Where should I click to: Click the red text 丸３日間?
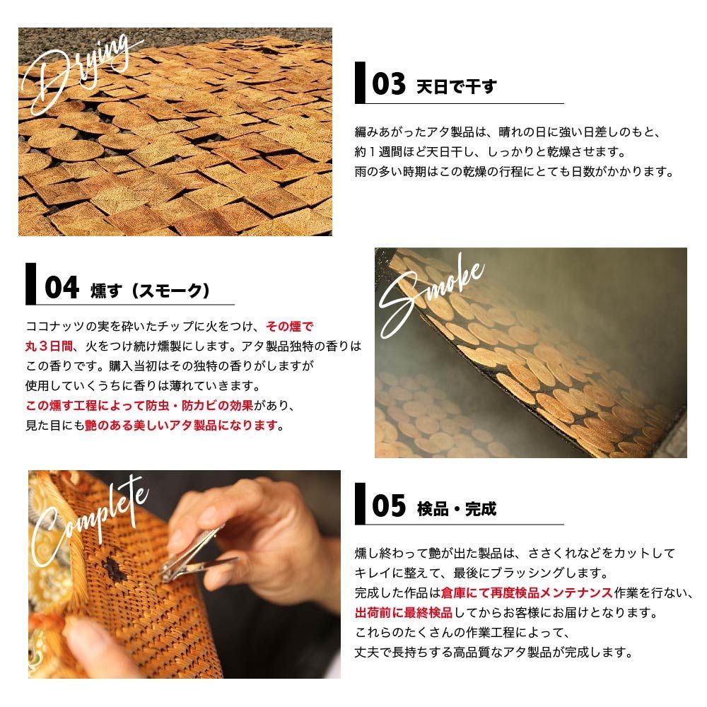tap(46, 346)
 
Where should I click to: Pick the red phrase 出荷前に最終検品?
tap(399, 612)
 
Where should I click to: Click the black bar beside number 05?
tap(360, 503)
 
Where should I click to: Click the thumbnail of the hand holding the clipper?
tap(184, 573)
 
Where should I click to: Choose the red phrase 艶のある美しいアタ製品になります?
tap(182, 426)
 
